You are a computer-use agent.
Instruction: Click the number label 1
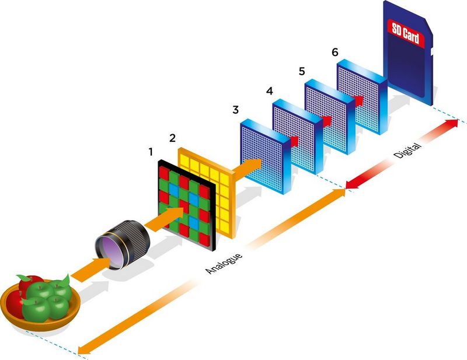click(x=151, y=152)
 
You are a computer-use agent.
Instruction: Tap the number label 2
click(x=172, y=138)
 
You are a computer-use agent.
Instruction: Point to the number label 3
click(x=235, y=110)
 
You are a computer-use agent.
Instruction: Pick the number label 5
click(x=301, y=71)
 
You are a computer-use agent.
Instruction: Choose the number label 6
click(x=334, y=51)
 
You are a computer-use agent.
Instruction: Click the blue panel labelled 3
click(x=263, y=155)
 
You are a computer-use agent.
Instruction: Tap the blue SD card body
click(x=409, y=64)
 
